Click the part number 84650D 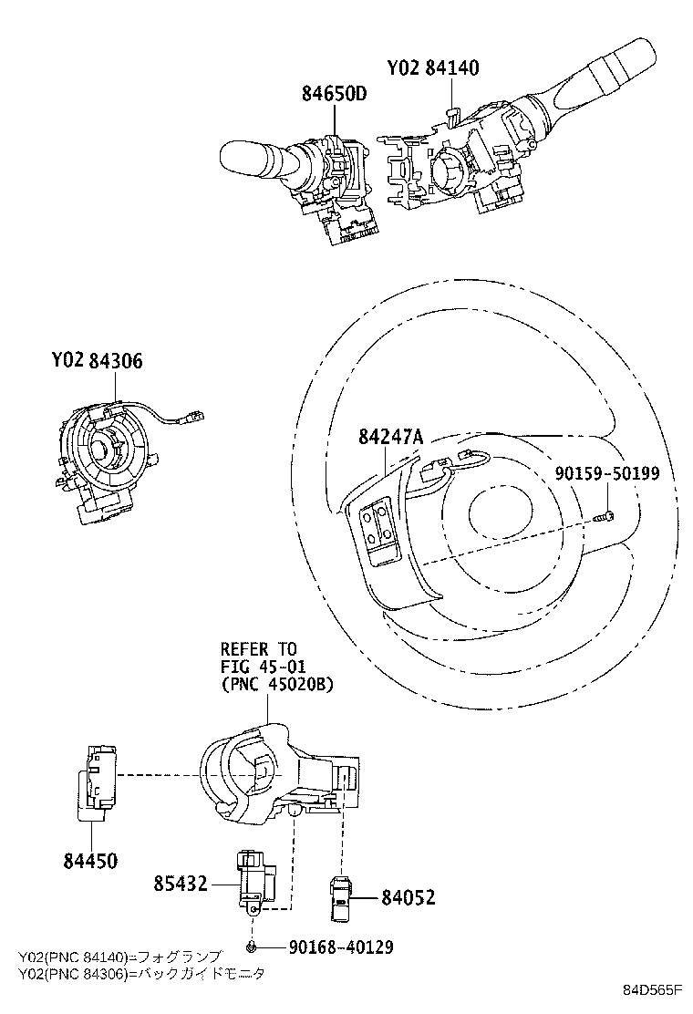335,94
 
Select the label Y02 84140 432,68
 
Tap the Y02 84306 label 97,362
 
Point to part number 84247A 390,438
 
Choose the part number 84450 91,860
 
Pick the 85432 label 180,883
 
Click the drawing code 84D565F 653,990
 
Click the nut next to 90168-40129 251,947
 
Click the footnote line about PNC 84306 141,973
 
